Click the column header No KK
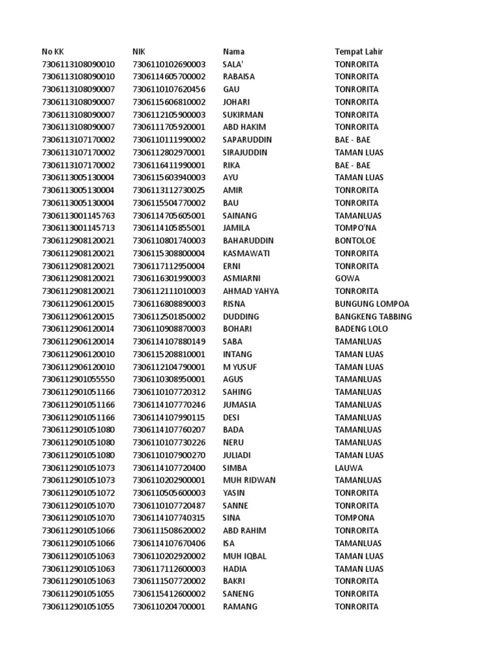53,51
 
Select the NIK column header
139,51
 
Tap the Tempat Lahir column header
359,51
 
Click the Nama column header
234,51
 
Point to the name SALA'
233,64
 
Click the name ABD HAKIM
244,127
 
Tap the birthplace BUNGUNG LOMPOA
372,304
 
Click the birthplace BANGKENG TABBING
374,317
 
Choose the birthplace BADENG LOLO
361,329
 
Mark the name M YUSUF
240,367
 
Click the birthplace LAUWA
349,468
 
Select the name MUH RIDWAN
249,481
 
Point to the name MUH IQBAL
245,556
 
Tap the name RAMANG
240,607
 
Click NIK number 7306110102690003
169,64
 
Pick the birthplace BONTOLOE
355,241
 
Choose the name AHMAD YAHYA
251,291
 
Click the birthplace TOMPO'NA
355,228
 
